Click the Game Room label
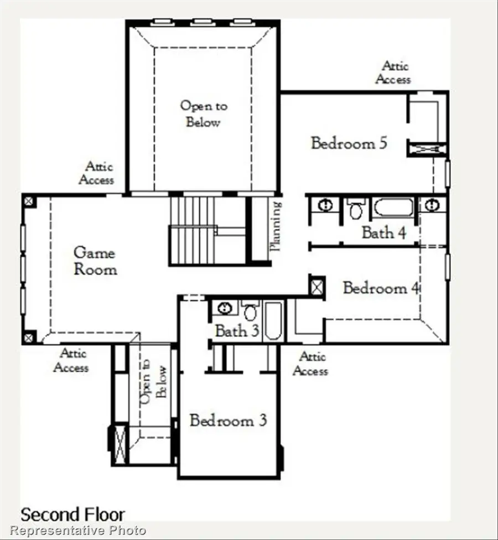click(x=95, y=261)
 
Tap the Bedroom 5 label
click(x=349, y=143)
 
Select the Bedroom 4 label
click(x=382, y=288)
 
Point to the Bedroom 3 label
click(x=228, y=420)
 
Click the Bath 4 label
click(x=384, y=232)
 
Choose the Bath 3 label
click(x=237, y=331)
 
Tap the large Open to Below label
click(x=203, y=113)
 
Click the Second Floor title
click(x=72, y=515)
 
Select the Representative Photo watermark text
click(x=78, y=531)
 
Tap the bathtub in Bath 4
click(x=393, y=208)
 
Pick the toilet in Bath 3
click(x=250, y=311)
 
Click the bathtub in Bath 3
click(x=273, y=321)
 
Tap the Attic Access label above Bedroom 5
click(x=393, y=72)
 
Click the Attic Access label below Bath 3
click(x=310, y=364)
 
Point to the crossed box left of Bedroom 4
click(x=317, y=287)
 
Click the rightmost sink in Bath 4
click(x=433, y=205)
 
